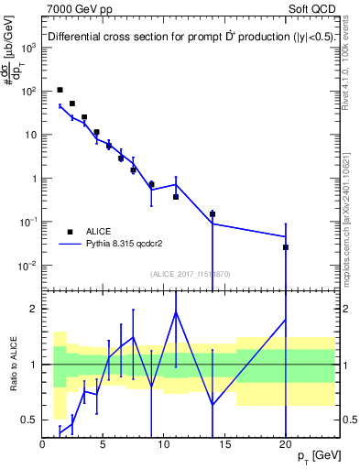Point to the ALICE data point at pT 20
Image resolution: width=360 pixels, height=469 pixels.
[286, 247]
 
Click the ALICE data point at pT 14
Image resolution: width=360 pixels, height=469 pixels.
[213, 214]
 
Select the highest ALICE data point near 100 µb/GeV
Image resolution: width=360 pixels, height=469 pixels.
[60, 90]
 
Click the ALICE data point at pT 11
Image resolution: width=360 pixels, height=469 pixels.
[176, 197]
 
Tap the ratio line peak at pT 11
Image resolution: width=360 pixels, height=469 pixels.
[176, 312]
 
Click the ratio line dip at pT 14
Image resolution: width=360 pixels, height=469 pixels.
[213, 405]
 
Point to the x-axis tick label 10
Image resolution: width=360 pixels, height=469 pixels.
[164, 443]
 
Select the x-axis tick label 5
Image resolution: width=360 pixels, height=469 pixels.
[104, 443]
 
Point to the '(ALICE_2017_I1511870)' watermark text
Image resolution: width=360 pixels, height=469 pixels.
[190, 274]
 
